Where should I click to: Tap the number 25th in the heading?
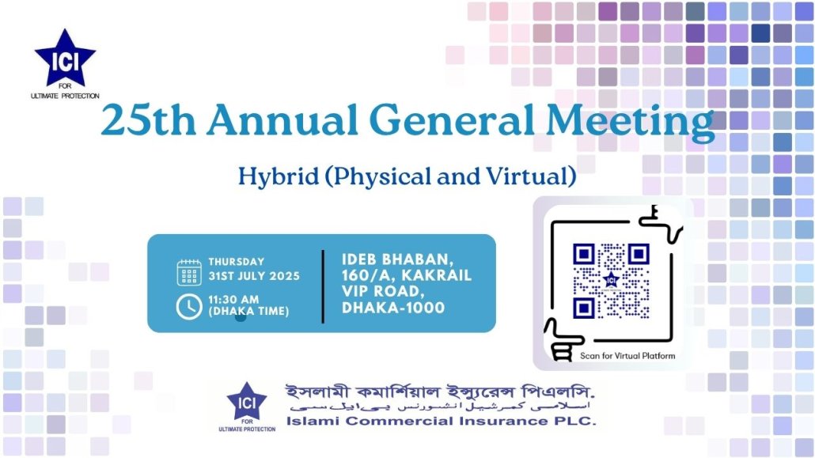point(149,120)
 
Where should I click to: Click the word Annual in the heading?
point(282,120)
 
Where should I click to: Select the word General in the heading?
point(452,120)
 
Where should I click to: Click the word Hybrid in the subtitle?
point(279,176)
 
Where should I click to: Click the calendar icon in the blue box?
point(189,272)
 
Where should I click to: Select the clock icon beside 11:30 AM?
point(189,307)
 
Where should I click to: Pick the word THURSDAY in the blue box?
point(237,262)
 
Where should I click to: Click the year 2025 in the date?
point(284,276)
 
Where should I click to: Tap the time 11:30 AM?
point(233,300)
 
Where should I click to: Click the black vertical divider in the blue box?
point(323,286)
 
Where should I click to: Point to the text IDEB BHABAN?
point(397,259)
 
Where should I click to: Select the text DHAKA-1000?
point(393,308)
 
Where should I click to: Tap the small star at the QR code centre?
point(611,281)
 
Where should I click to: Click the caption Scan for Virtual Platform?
point(627,356)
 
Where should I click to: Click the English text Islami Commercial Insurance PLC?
point(441,421)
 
